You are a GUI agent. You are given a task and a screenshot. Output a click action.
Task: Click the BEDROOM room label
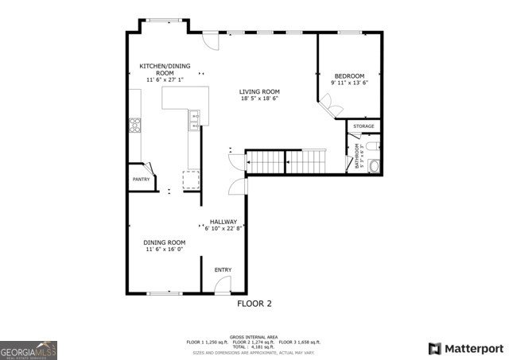pyautogui.click(x=349, y=75)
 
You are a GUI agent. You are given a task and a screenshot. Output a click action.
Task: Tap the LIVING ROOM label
pyautogui.click(x=259, y=92)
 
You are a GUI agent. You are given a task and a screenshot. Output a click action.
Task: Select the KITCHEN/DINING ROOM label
pyautogui.click(x=165, y=69)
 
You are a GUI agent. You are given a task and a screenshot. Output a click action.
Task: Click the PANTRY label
pyautogui.click(x=141, y=180)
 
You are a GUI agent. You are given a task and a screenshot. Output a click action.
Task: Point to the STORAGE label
pyautogui.click(x=363, y=126)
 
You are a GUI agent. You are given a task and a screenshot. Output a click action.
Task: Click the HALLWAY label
pyautogui.click(x=223, y=222)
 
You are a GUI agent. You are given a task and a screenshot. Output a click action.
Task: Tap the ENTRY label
pyautogui.click(x=223, y=270)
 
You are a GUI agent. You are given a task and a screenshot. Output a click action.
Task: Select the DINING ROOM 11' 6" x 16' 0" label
pyautogui.click(x=165, y=246)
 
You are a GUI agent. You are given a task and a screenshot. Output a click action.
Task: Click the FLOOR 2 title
pyautogui.click(x=254, y=304)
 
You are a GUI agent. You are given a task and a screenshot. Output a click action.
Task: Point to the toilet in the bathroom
pyautogui.click(x=375, y=165)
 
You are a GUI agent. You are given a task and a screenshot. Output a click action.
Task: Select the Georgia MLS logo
pyautogui.click(x=29, y=349)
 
